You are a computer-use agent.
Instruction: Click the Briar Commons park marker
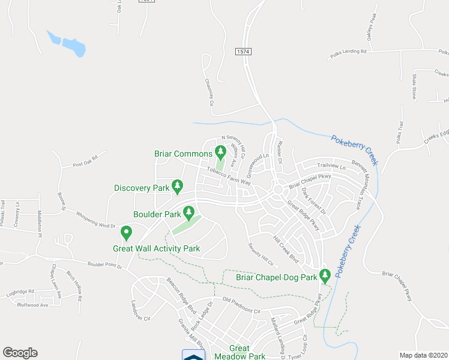pos(220,150)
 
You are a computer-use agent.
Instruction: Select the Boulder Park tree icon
pos(188,211)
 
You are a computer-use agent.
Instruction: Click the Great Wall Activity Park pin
pos(126,232)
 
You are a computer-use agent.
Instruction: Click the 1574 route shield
pos(243,53)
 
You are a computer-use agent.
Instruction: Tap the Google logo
pos(20,353)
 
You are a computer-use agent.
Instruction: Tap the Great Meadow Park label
pos(247,352)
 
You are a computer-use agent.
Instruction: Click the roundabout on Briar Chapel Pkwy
pos(278,189)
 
